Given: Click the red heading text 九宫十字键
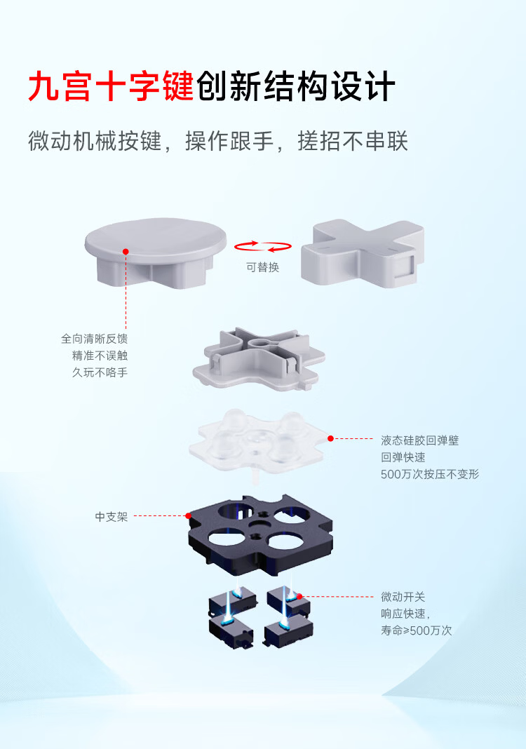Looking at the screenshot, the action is (x=111, y=86).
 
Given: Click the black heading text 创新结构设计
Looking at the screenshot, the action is (x=296, y=86).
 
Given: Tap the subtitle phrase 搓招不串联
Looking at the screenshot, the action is (x=353, y=142).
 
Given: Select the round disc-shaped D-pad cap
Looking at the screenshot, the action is (x=155, y=252).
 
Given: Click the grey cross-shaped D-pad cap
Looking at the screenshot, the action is (x=363, y=253).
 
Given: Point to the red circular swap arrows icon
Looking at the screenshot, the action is (x=263, y=246).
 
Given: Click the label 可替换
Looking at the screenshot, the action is (x=263, y=267).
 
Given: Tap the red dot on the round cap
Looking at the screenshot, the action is (x=126, y=252).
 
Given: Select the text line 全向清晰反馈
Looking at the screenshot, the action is (x=94, y=339).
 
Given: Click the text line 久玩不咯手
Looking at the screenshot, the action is (x=100, y=372).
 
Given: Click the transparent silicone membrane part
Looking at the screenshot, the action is (x=258, y=440).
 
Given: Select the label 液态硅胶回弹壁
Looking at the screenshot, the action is (x=420, y=440).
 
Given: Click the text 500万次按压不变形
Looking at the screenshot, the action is (x=430, y=474).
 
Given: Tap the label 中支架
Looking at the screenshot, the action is (x=112, y=517).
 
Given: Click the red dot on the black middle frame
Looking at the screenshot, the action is (x=188, y=516).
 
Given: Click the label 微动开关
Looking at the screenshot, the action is (x=403, y=597).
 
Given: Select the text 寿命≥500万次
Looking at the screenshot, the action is (x=416, y=630).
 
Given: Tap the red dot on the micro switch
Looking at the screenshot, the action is (x=299, y=597).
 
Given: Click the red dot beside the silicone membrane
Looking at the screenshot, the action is (x=330, y=438).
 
